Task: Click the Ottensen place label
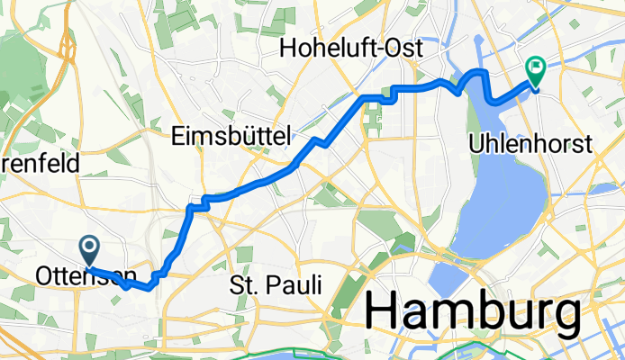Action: pyautogui.click(x=87, y=275)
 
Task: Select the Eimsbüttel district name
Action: pyautogui.click(x=231, y=137)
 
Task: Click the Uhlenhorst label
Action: pyautogui.click(x=530, y=144)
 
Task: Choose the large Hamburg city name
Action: pyautogui.click(x=472, y=312)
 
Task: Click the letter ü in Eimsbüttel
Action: pyautogui.click(x=242, y=137)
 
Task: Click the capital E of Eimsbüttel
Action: pyautogui.click(x=177, y=137)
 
